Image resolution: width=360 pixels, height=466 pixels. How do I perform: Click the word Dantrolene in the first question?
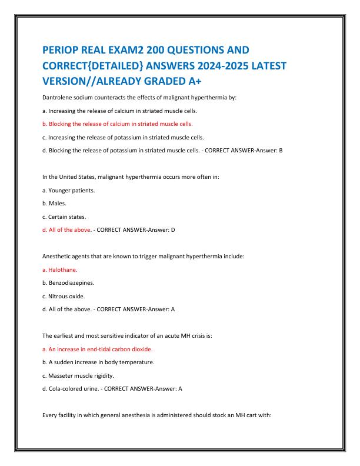pyautogui.click(x=59, y=96)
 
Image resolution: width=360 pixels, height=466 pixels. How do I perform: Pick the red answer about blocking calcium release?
pyautogui.click(x=118, y=124)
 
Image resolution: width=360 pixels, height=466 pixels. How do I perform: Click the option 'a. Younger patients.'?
pyautogui.click(x=69, y=190)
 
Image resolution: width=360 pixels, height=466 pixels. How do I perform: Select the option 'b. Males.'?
pyautogui.click(x=56, y=203)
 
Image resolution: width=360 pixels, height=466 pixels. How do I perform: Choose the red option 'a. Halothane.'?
pyautogui.click(x=60, y=269)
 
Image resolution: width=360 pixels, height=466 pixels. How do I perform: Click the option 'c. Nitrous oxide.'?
pyautogui.click(x=65, y=296)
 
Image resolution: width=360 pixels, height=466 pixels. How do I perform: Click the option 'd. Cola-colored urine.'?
pyautogui.click(x=71, y=388)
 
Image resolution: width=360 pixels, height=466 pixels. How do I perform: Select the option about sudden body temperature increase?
pyautogui.click(x=99, y=362)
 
